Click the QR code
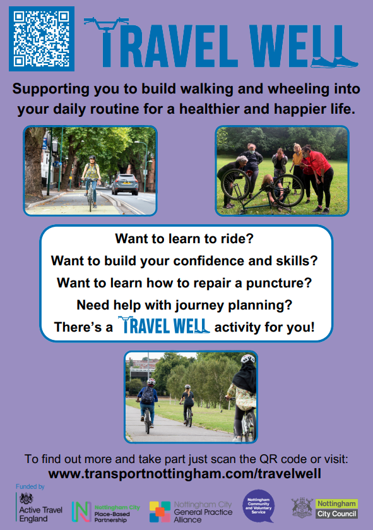tap(42, 39)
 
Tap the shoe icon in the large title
tap(334, 61)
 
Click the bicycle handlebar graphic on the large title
tap(106, 23)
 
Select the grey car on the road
tap(125, 184)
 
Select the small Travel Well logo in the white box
tap(163, 325)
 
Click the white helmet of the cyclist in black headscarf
tap(248, 358)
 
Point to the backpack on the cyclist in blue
tap(148, 395)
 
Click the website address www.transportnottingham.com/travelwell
tap(185, 474)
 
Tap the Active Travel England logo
tap(40, 508)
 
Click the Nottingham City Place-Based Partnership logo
tap(105, 512)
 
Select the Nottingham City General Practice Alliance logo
tap(191, 512)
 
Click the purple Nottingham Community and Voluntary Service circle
tap(259, 506)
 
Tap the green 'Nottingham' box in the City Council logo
tap(336, 503)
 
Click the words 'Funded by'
tap(30, 486)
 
